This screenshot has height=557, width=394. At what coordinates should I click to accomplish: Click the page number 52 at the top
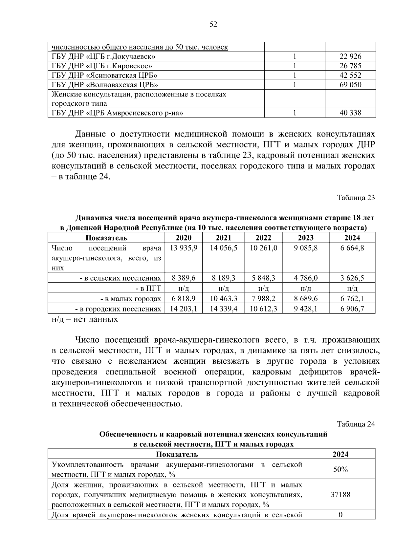click(213, 24)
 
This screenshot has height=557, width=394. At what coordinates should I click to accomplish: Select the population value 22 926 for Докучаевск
click(350, 56)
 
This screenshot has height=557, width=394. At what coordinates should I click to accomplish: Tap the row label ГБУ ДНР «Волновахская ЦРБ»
click(105, 85)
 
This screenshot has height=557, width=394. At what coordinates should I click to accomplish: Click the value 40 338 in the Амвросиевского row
click(350, 113)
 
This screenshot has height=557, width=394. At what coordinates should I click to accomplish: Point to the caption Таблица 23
click(356, 198)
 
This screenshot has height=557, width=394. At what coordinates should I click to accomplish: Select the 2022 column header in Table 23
click(263, 238)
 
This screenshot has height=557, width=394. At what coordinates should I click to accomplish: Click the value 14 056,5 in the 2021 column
click(223, 248)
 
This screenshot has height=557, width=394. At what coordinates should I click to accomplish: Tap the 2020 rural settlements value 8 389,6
click(184, 278)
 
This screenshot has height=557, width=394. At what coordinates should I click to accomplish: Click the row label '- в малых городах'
click(130, 299)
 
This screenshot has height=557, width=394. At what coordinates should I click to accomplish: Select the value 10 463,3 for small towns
click(223, 299)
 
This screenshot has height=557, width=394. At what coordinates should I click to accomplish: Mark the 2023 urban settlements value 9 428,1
click(305, 309)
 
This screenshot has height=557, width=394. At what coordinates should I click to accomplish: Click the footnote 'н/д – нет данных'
click(85, 319)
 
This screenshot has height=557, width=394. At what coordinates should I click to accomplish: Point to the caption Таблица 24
click(356, 424)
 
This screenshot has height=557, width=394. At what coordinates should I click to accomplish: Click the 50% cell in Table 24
click(340, 470)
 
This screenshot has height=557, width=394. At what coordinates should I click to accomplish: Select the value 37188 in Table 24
click(340, 495)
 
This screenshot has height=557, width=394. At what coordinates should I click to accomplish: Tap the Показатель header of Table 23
click(106, 238)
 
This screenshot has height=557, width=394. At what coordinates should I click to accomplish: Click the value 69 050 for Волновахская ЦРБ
click(350, 85)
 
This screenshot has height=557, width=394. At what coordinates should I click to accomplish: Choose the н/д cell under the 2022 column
click(263, 289)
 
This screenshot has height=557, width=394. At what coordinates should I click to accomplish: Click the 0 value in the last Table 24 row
click(340, 515)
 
